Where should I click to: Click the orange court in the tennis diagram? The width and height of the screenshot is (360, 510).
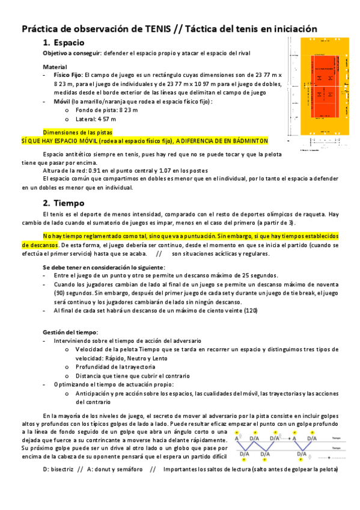tap(324, 81)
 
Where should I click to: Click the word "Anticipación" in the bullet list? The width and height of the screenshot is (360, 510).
tap(94, 393)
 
